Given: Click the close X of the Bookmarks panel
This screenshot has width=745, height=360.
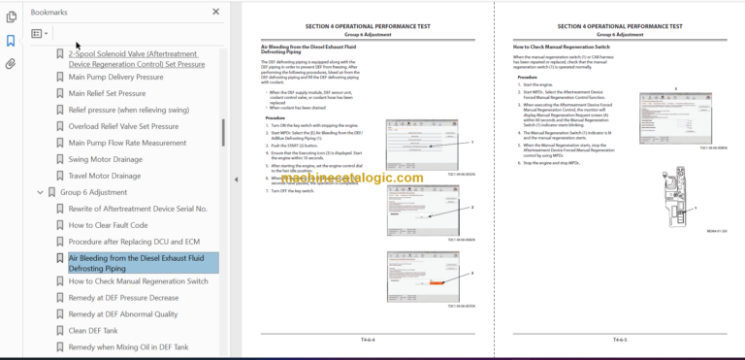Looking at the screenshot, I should tap(215, 13).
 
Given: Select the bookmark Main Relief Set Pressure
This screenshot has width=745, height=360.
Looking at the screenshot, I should tap(107, 93).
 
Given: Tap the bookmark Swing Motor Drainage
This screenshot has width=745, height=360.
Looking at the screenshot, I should tap(105, 159).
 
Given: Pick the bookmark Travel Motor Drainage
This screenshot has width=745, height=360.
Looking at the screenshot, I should tap(105, 176).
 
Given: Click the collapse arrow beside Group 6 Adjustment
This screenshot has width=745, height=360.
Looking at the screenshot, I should tap(40, 192).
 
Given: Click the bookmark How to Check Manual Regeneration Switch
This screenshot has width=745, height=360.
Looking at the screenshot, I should tap(138, 281).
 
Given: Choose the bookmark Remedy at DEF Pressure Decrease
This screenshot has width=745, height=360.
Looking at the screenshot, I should tap(123, 298).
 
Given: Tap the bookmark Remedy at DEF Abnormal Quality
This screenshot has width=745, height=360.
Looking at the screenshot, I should tap(123, 314).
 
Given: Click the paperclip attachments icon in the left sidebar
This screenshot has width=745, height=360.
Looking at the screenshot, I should tap(11, 64).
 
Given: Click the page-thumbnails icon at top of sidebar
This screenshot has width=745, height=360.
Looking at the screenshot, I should tap(11, 16).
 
